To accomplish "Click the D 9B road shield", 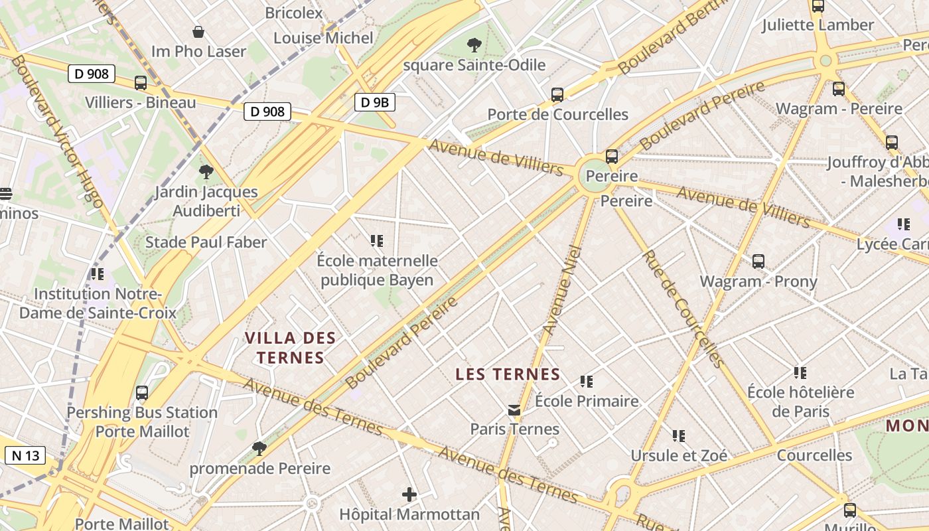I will click(375, 102).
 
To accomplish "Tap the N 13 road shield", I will click(26, 455).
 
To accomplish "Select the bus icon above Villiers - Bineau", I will click(141, 83).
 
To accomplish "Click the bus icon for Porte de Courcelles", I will click(557, 95).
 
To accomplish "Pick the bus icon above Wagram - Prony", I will click(758, 262).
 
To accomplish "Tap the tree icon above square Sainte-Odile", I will click(474, 45).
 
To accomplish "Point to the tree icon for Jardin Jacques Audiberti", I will click(206, 172).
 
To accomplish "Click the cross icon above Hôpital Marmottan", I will click(409, 494).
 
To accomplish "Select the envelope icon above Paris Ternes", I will click(514, 411).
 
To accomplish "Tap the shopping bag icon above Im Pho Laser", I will click(198, 32).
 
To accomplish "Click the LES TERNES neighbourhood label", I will click(508, 374).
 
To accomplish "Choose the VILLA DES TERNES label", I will click(291, 347).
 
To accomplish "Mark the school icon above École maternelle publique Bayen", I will click(377, 241).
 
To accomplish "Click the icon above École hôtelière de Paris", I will click(800, 373).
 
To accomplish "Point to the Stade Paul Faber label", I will click(206, 242).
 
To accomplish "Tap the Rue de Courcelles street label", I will click(683, 309).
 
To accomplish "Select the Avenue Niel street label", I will click(561, 290).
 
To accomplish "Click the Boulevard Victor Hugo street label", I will click(57, 131).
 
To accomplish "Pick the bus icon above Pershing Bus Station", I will click(142, 393).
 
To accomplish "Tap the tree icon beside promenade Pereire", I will click(259, 449).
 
